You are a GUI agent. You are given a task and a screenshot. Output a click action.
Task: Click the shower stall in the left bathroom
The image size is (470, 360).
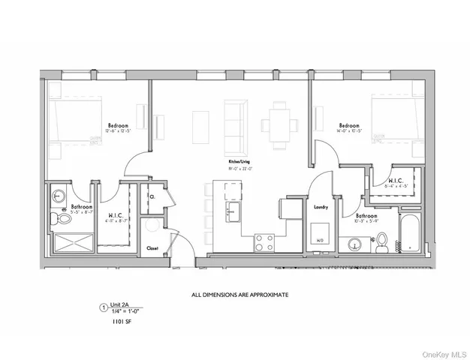68,244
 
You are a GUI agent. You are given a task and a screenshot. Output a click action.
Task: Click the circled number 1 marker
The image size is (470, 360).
104,306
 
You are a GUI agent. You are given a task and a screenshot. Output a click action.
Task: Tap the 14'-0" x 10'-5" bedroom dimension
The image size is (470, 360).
350,131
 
